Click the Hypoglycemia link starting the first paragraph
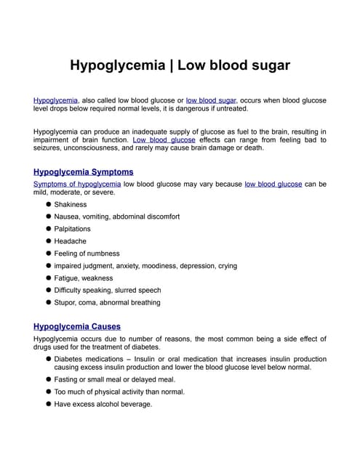tap(55, 100)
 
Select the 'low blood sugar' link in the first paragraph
tap(211, 100)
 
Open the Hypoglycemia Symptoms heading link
tap(84, 172)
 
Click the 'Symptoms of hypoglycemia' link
tap(77, 184)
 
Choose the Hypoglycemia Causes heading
tap(77, 326)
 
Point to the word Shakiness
tap(71, 204)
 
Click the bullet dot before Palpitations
tap(48, 229)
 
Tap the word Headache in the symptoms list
tap(71, 241)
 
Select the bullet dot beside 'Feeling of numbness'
tap(48, 254)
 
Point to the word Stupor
tap(66, 302)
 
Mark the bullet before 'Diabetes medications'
tap(48, 359)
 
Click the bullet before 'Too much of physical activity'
tap(48, 392)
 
